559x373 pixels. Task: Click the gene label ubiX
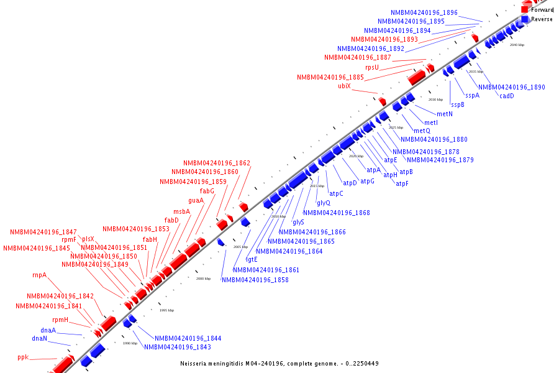(x=344, y=86)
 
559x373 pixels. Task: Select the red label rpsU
(x=372, y=67)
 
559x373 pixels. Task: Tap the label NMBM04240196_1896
(x=424, y=12)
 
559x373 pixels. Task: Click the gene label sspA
(x=472, y=96)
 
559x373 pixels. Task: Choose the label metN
(x=444, y=114)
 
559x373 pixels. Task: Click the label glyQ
(x=324, y=203)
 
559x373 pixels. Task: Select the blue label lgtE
(x=252, y=259)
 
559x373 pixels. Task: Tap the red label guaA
(x=196, y=200)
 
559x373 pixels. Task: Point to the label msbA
(x=181, y=211)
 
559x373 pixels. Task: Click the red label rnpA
(x=39, y=275)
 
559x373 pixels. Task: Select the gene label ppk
(x=23, y=357)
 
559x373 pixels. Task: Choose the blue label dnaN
(x=39, y=338)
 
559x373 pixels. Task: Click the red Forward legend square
(x=525, y=10)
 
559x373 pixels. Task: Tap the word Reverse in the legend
(x=542, y=19)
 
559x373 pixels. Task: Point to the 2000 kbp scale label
(x=203, y=279)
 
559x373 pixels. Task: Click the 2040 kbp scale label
(x=517, y=45)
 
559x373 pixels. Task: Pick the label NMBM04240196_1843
(x=178, y=347)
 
